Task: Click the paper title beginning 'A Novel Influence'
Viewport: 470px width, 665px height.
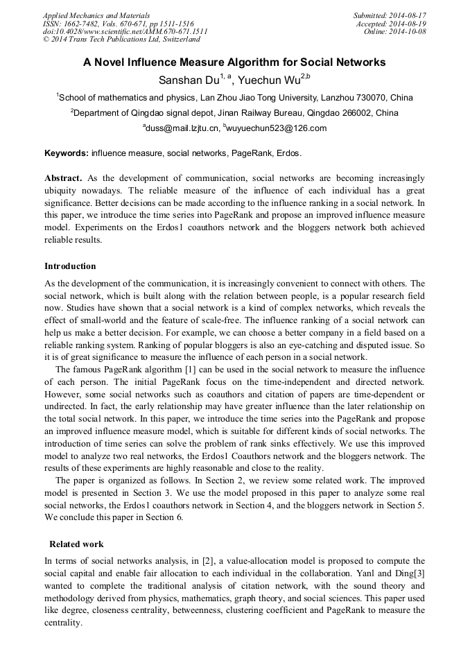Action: point(234,62)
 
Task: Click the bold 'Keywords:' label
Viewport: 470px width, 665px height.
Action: point(67,153)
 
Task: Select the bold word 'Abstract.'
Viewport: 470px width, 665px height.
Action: point(64,178)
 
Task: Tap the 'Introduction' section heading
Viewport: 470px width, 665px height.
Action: point(70,266)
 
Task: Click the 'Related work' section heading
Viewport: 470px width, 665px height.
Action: point(76,544)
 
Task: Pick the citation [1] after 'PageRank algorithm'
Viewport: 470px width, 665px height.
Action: point(187,369)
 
